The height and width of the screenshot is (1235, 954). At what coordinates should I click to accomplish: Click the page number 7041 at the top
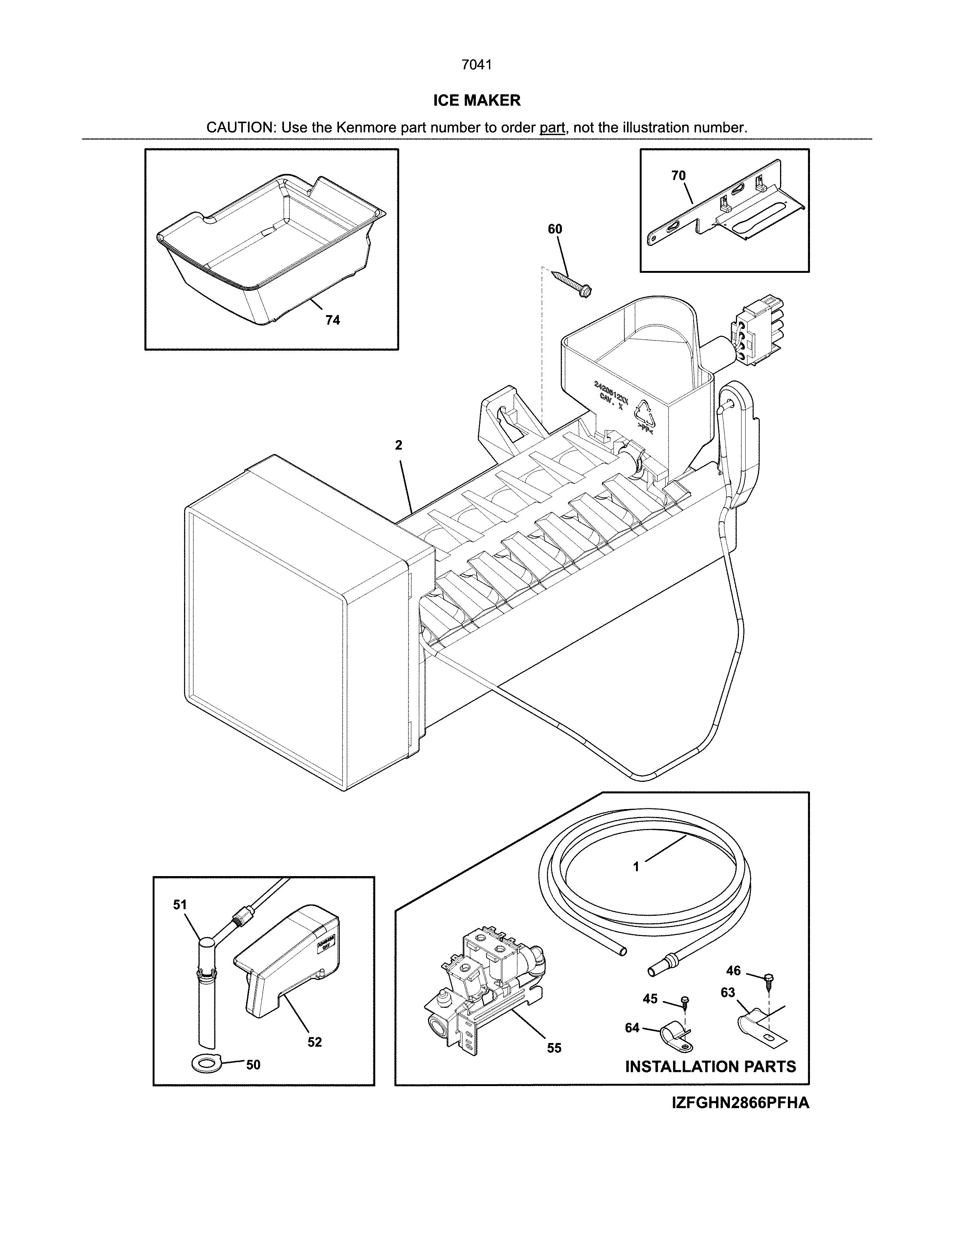coord(476,65)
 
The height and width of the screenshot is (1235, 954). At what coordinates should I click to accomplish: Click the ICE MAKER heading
coord(476,101)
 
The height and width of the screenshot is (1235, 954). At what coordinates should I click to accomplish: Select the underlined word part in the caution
coord(552,128)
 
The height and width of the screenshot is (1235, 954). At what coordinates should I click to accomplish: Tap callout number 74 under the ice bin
coord(332,320)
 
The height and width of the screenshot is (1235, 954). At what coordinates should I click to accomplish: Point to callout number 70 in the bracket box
coord(678,176)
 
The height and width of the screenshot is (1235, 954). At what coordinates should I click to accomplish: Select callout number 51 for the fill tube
coord(180,905)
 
